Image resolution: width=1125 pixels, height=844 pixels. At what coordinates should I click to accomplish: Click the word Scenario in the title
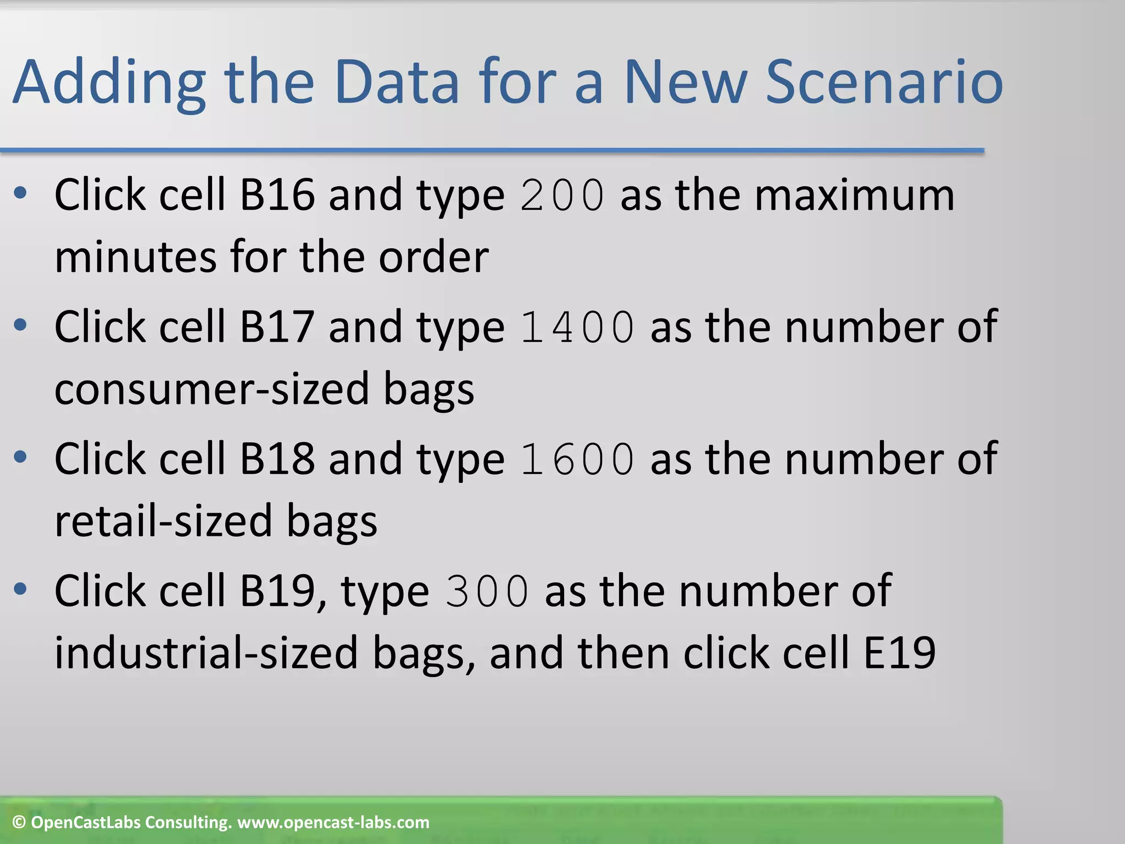[884, 82]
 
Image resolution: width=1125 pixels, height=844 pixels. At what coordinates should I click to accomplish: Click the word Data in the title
[397, 82]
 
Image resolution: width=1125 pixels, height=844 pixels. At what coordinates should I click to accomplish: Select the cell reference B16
[277, 195]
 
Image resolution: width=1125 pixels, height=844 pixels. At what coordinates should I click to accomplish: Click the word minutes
[135, 257]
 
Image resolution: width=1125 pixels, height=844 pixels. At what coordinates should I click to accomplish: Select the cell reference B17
[277, 327]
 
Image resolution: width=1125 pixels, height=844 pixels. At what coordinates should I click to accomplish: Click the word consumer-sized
[211, 389]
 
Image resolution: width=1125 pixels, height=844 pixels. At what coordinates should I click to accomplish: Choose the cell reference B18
[277, 459]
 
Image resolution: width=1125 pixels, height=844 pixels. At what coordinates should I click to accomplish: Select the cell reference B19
[277, 591]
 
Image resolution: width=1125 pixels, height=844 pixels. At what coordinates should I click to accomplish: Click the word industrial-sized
[206, 653]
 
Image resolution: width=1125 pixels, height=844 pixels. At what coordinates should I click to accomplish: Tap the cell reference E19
[899, 653]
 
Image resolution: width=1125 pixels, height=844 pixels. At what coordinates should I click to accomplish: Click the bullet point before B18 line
[20, 457]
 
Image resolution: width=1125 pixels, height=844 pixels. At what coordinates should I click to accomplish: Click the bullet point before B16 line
[20, 193]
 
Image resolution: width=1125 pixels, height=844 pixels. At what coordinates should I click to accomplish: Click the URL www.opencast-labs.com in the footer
[333, 823]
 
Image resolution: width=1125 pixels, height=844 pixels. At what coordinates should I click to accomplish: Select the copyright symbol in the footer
[19, 823]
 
